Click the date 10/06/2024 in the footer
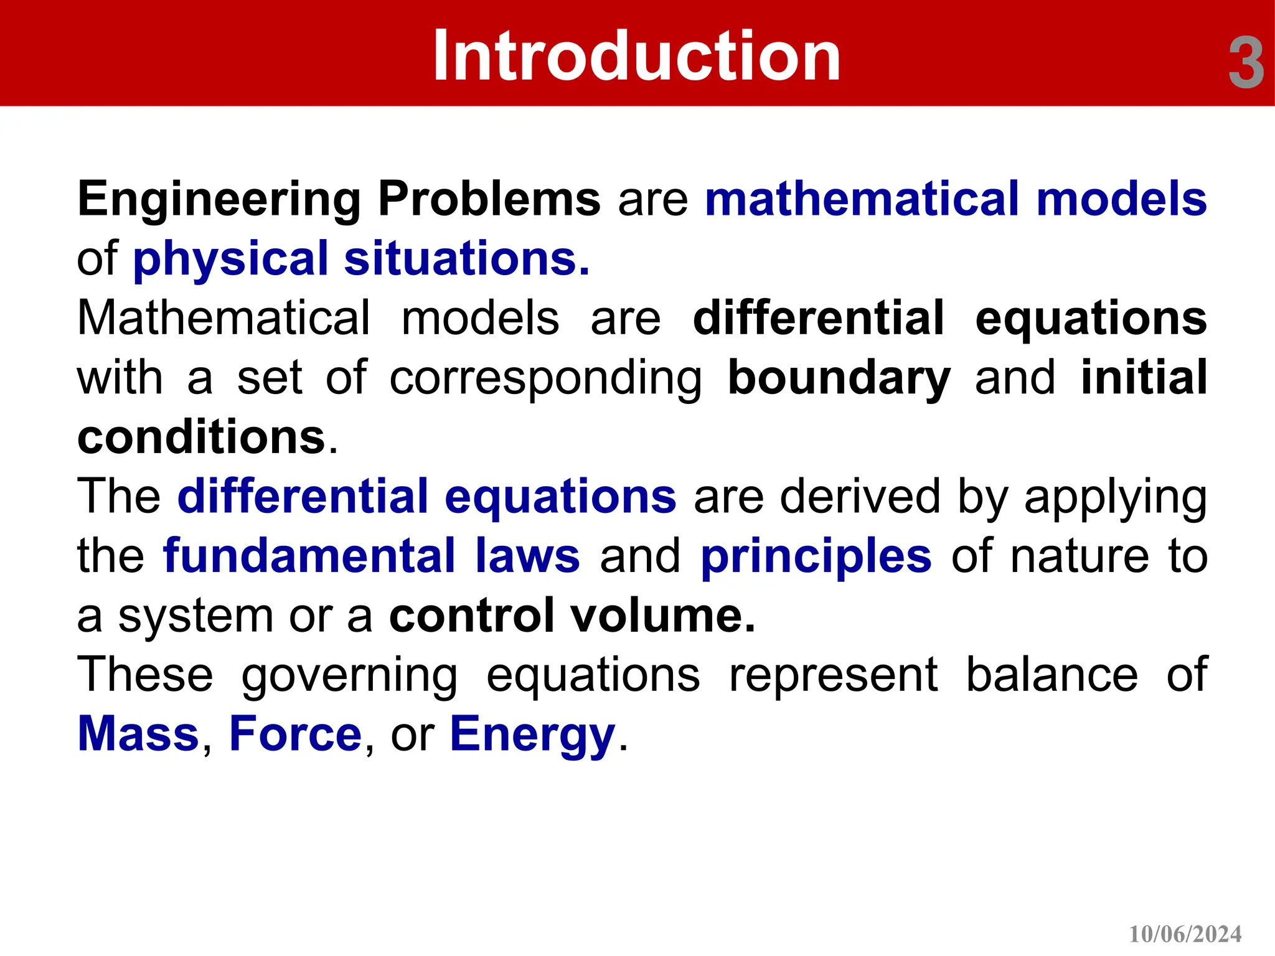tap(1185, 934)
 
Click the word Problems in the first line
tap(489, 199)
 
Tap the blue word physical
tap(230, 259)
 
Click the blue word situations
tap(466, 259)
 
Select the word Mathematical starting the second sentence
tap(223, 318)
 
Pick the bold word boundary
tap(839, 378)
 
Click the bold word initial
tap(1144, 378)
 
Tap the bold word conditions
tap(202, 437)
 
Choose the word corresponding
tap(545, 378)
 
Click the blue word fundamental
tap(309, 556)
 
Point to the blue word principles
tap(816, 556)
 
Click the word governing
tap(349, 675)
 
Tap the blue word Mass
tap(138, 734)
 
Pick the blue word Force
tap(295, 734)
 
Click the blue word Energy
tap(532, 734)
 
